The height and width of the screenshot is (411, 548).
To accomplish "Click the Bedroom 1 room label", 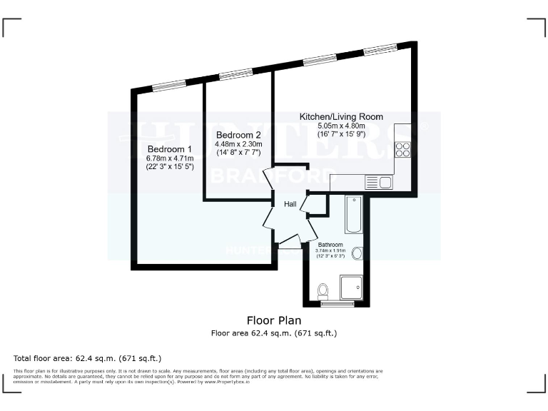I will pyautogui.click(x=166, y=148).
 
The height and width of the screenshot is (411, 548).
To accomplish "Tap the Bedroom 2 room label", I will pyautogui.click(x=238, y=135).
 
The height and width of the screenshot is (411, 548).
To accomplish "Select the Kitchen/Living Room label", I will pyautogui.click(x=341, y=116).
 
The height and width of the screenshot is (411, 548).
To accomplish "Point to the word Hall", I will pyautogui.click(x=290, y=205).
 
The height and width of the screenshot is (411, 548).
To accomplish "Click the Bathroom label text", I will pyautogui.click(x=330, y=245).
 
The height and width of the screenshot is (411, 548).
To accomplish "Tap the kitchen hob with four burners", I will pyautogui.click(x=402, y=150).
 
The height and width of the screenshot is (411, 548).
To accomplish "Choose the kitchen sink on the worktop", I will pyautogui.click(x=379, y=182).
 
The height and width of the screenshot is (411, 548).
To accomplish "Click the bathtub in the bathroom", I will pyautogui.click(x=353, y=215).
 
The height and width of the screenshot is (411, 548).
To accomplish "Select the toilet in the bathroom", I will pyautogui.click(x=323, y=290).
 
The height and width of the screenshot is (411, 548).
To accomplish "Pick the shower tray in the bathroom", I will pyautogui.click(x=352, y=288).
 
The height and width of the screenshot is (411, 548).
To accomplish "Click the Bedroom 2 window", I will pyautogui.click(x=235, y=73).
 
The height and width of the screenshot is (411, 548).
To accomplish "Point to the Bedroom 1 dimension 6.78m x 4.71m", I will pyautogui.click(x=166, y=158).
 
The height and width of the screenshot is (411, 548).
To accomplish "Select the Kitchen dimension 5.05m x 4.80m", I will pyautogui.click(x=341, y=126).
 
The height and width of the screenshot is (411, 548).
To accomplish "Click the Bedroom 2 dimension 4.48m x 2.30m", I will pyautogui.click(x=238, y=143).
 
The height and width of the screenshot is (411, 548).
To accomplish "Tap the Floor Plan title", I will pyautogui.click(x=273, y=320).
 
